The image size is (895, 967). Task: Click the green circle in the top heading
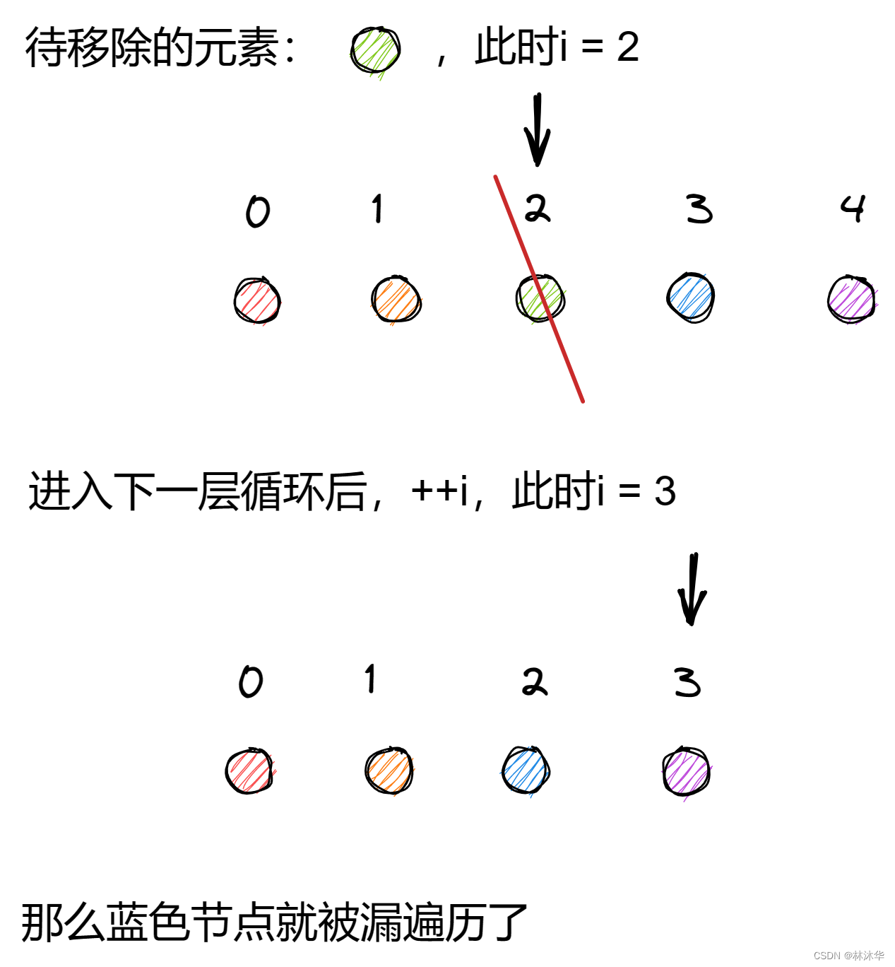(376, 50)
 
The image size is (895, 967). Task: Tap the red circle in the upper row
(257, 300)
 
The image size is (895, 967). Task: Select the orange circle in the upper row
(396, 300)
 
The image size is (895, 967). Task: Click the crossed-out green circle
(540, 298)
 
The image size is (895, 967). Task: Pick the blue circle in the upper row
(691, 298)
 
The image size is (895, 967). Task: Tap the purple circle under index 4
(852, 300)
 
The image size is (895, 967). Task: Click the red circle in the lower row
(249, 771)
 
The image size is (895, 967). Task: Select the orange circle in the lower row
(389, 770)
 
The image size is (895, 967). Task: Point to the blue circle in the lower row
(526, 770)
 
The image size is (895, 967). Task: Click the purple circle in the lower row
(687, 771)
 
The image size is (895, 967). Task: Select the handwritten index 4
(853, 209)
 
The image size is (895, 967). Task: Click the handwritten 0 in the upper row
(258, 211)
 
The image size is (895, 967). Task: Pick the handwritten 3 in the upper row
(699, 209)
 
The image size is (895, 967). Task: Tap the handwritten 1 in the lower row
(370, 679)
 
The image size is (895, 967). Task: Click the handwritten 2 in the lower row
(535, 682)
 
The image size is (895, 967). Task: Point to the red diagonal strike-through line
(558, 339)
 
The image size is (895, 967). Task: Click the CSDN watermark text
(848, 956)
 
